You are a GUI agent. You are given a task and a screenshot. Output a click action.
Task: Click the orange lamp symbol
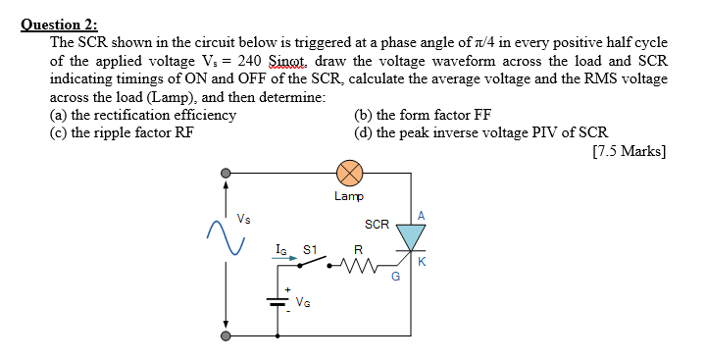click(349, 175)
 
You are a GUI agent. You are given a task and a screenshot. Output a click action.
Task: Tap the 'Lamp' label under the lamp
click(348, 196)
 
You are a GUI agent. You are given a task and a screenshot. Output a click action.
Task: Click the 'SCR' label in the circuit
click(377, 225)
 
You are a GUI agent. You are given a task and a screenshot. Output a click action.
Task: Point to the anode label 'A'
click(422, 215)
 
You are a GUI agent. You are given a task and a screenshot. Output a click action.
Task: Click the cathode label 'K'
click(422, 261)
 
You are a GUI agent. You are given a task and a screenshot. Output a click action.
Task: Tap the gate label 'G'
click(395, 277)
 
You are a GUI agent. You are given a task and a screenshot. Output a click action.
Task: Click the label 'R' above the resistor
click(358, 248)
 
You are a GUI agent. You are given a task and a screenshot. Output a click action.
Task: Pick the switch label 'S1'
click(308, 250)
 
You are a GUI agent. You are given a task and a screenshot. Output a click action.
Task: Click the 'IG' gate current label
click(281, 250)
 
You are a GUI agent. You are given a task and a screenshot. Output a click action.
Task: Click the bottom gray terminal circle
click(227, 335)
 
